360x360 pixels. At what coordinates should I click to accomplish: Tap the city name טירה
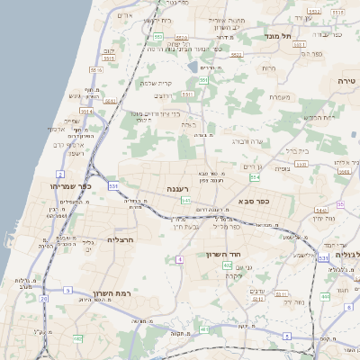pyautogui.click(x=346, y=80)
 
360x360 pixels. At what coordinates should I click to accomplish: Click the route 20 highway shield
pyautogui.click(x=43, y=298)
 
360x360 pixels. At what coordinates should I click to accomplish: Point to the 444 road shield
pyautogui.click(x=325, y=296)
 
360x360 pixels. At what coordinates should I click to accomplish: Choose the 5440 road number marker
pyautogui.click(x=321, y=210)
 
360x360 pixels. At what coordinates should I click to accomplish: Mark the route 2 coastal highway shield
pyautogui.click(x=60, y=173)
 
